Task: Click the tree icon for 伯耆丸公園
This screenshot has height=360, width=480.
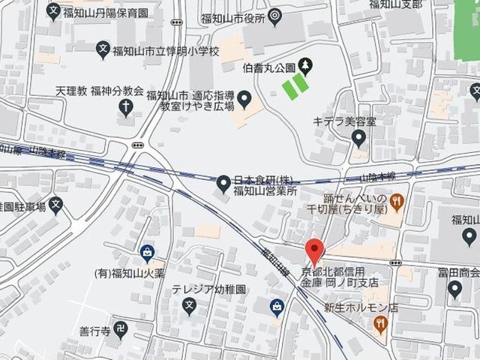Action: click(305, 65)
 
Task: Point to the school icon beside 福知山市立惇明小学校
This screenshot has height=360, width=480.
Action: click(103, 51)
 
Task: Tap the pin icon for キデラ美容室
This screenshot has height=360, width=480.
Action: click(359, 138)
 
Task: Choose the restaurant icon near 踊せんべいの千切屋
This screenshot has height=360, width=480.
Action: click(397, 200)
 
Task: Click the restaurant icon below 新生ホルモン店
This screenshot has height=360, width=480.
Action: click(381, 325)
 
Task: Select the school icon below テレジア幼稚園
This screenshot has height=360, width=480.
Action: click(189, 306)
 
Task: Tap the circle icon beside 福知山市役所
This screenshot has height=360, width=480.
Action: click(274, 14)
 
